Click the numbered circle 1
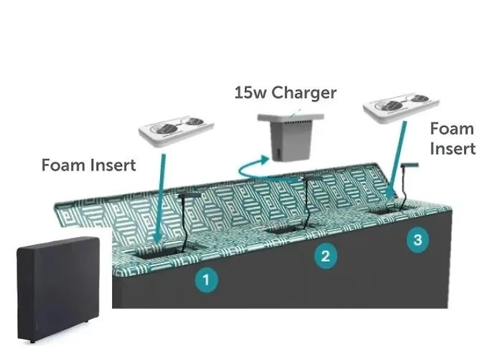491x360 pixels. point(207,280)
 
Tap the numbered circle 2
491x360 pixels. point(326,256)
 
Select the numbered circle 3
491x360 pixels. point(418,240)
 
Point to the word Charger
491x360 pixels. point(304,93)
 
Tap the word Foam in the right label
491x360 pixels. point(452,129)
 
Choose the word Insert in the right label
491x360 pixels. point(453,149)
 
